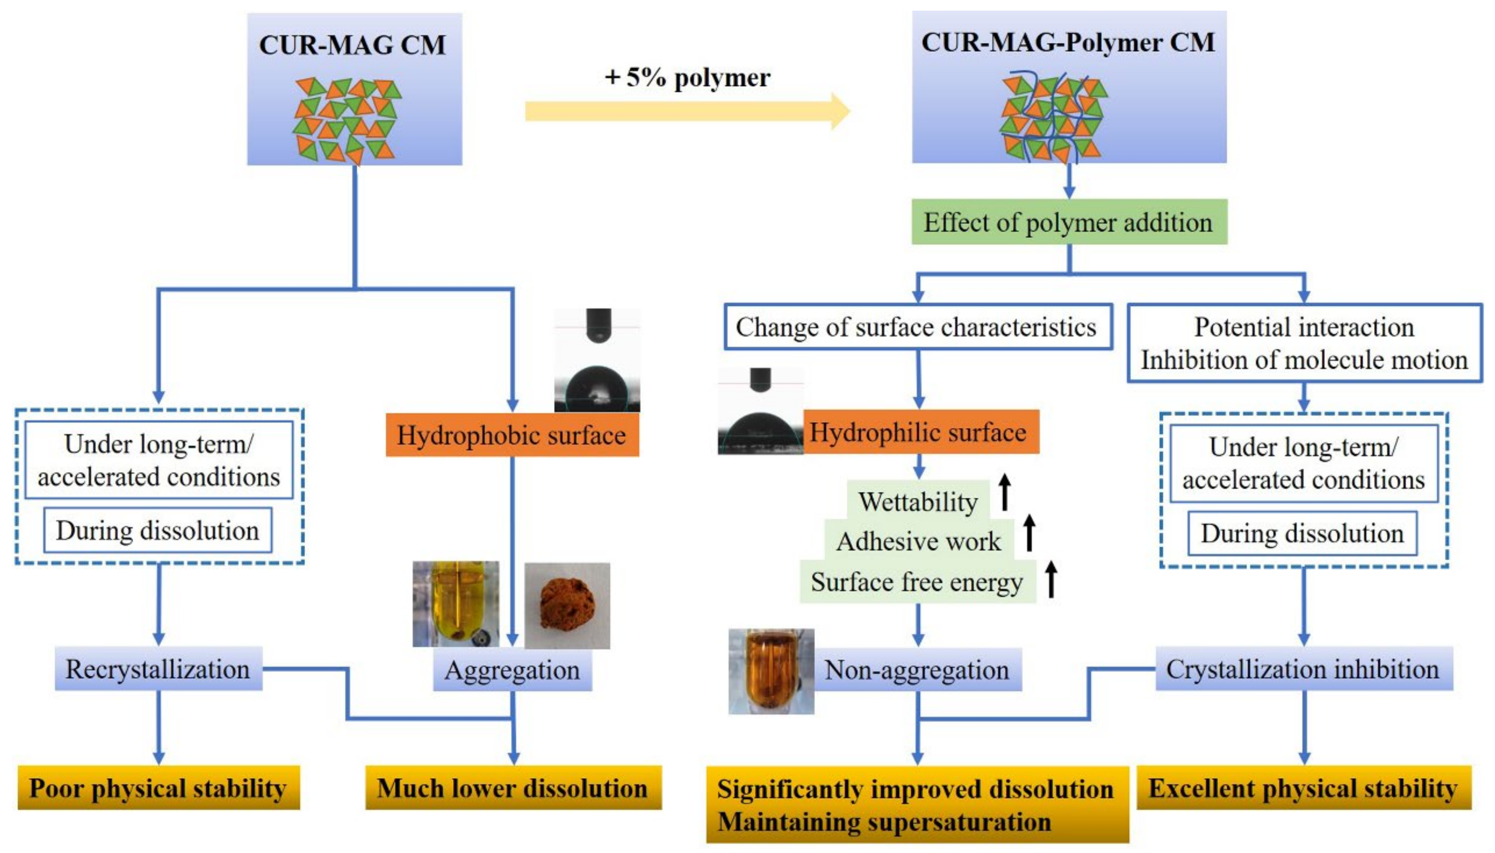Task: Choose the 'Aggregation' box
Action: pyautogui.click(x=512, y=669)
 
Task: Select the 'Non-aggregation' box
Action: pyautogui.click(x=917, y=669)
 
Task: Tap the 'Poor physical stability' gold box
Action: pyautogui.click(x=158, y=788)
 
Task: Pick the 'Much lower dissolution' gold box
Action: pyautogui.click(x=513, y=788)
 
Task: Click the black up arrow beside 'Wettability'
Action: pyautogui.click(x=1005, y=492)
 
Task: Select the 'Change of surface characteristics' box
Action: pyautogui.click(x=917, y=327)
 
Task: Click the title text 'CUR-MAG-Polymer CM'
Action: pyautogui.click(x=1068, y=42)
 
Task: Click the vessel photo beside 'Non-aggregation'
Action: pyautogui.click(x=771, y=671)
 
